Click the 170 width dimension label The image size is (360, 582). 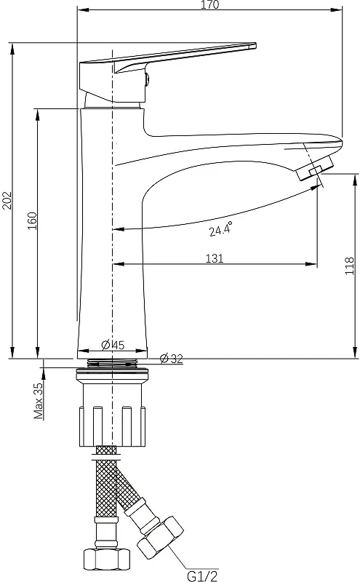[x=210, y=4]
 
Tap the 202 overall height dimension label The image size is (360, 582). [x=7, y=201]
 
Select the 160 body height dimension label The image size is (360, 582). [x=32, y=220]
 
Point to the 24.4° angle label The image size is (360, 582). [x=220, y=229]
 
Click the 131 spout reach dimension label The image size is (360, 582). [x=215, y=258]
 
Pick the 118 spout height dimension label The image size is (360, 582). [x=350, y=266]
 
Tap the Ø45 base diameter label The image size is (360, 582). [x=113, y=345]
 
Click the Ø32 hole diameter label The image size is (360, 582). [x=172, y=359]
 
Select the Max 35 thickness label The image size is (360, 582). [x=39, y=401]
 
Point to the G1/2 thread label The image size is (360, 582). [x=202, y=575]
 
